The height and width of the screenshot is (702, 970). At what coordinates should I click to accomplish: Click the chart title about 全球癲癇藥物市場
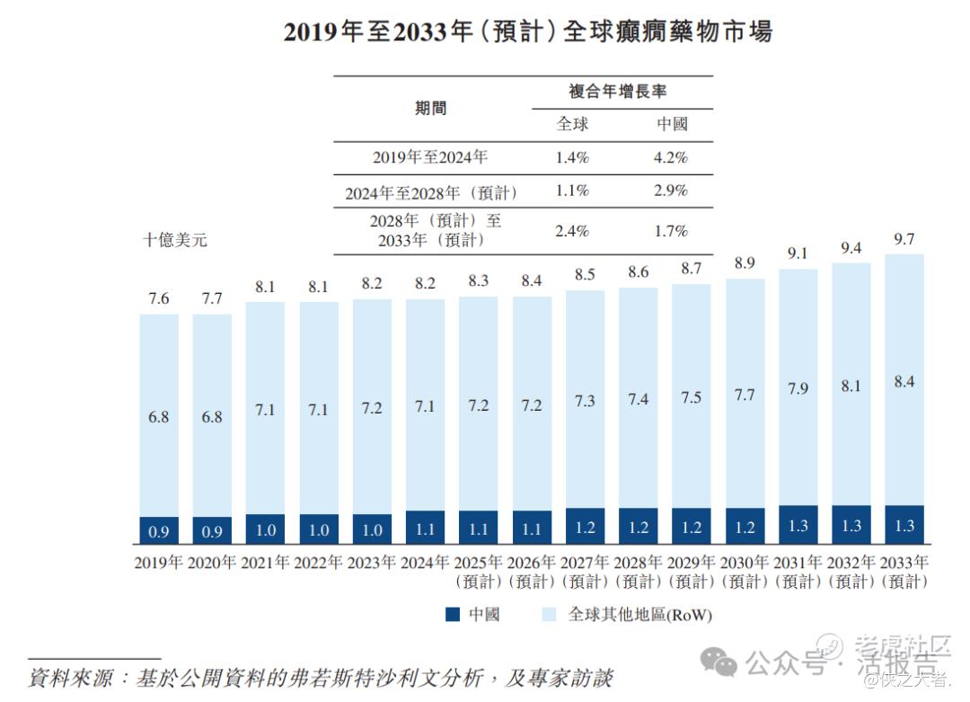click(527, 31)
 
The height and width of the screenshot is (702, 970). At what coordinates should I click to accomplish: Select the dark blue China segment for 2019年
click(159, 530)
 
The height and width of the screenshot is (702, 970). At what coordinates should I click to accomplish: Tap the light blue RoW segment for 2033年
click(904, 378)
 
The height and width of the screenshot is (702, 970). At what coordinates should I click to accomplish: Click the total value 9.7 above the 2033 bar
click(904, 239)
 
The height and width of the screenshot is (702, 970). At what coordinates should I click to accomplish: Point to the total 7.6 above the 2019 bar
click(159, 298)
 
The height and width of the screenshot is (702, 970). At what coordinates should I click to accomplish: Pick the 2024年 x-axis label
click(426, 563)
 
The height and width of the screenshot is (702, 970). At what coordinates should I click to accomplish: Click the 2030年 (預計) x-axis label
click(745, 572)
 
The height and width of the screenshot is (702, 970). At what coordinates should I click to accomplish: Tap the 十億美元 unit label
click(175, 240)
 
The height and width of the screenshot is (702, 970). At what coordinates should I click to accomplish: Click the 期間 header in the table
click(430, 109)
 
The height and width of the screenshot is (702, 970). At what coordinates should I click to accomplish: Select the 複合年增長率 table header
click(618, 92)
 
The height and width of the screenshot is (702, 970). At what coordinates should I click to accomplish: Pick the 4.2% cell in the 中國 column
click(671, 157)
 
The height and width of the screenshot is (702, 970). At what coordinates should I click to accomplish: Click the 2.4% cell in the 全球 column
click(572, 231)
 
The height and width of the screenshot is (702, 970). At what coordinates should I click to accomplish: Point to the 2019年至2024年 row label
click(430, 157)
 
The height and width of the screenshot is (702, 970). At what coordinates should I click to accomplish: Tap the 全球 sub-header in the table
click(572, 124)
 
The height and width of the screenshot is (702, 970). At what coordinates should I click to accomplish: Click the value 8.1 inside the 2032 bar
click(851, 387)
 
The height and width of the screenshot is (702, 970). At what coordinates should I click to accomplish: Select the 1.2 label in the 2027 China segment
click(586, 528)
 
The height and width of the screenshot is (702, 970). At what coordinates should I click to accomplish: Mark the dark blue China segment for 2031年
click(798, 525)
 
